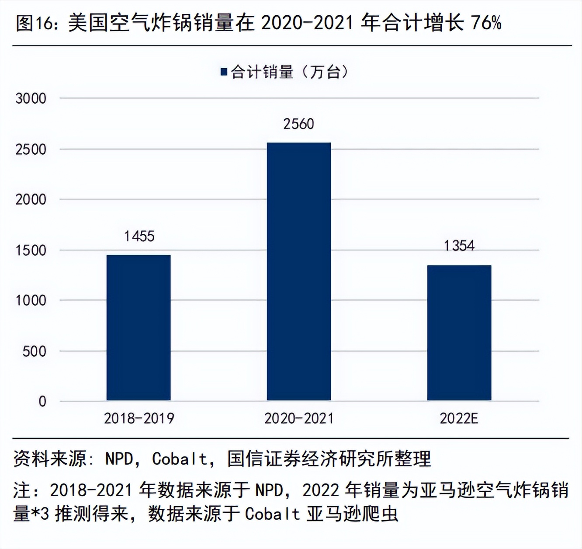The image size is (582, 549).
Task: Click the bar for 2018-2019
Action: pos(139,328)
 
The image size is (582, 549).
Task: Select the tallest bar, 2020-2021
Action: pos(299,271)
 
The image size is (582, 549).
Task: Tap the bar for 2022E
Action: pos(459,333)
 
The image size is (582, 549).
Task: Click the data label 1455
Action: pos(139,236)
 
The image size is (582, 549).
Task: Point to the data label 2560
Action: pos(299,124)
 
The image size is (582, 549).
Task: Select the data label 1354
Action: pos(459,246)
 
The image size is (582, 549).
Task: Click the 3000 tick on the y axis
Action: pos(31,98)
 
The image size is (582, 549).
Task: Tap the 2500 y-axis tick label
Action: pos(31,149)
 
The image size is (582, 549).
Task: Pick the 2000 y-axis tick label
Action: pos(31,200)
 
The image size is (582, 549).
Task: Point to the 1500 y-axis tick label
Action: pos(31,250)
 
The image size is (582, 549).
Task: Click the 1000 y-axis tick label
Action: pos(31,301)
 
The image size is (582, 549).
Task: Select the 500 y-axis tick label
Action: pos(34,351)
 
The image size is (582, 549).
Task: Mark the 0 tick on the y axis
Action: pos(42,402)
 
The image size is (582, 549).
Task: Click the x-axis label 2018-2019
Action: pos(139,419)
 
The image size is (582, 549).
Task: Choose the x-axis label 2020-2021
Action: pos(299,419)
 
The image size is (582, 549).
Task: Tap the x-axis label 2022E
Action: pos(459,419)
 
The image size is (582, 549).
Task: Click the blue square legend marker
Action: pos(224,72)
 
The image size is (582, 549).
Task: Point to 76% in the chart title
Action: pos(486,23)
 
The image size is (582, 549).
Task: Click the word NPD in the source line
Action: pos(119,459)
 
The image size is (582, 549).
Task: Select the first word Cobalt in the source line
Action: pos(180,459)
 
